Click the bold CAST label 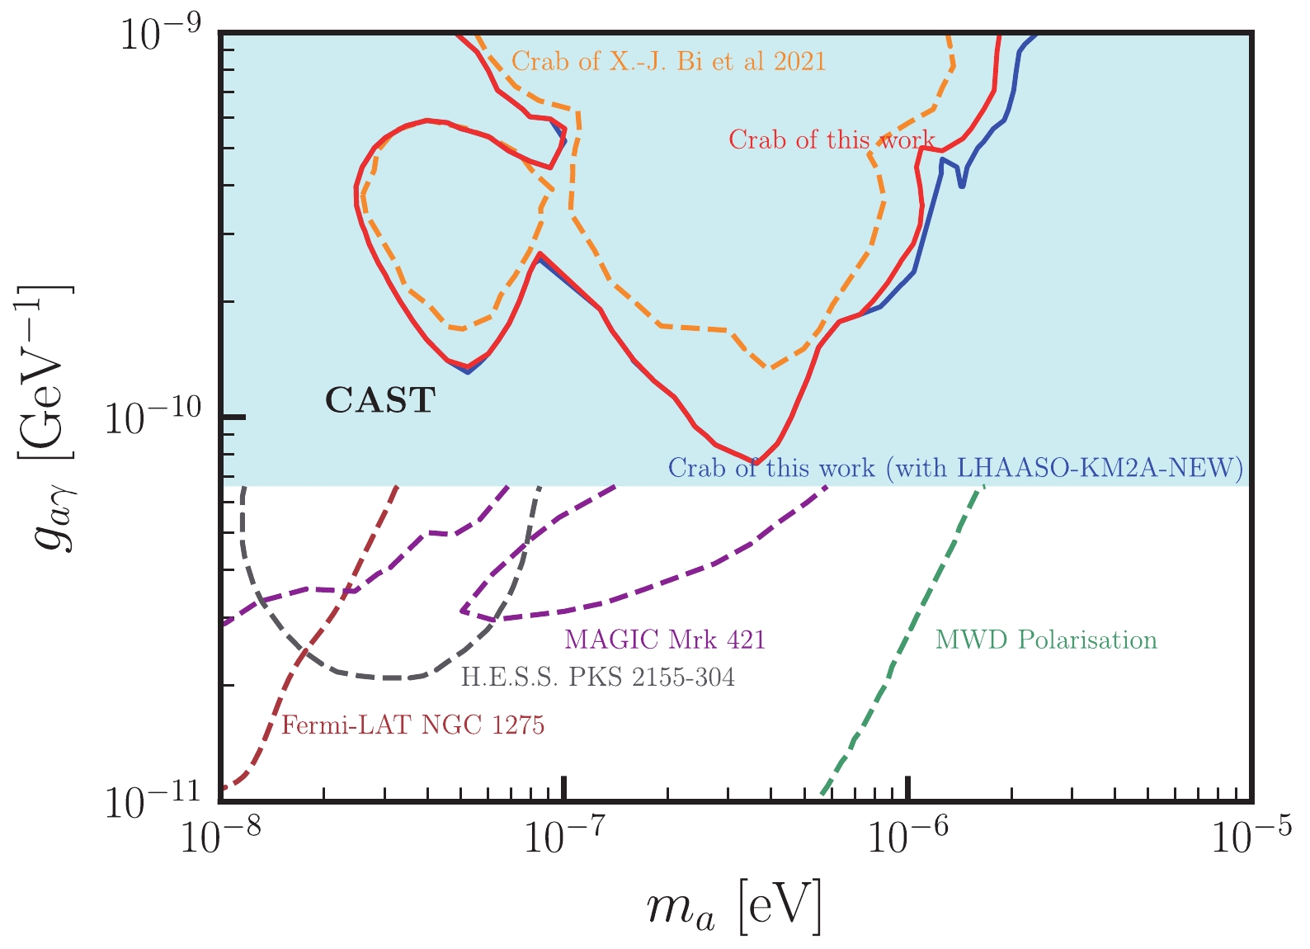coord(379,401)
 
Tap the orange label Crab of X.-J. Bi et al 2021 coord(668,62)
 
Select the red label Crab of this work coord(831,140)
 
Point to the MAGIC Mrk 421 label coord(665,640)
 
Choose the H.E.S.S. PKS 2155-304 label coord(597,678)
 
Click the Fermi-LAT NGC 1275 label coord(412,726)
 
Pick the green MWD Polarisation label coord(1046,640)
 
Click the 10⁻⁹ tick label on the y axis coord(162,35)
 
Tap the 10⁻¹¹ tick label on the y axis coord(155,800)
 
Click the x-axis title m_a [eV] coord(734,908)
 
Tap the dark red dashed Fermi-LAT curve coord(346,578)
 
